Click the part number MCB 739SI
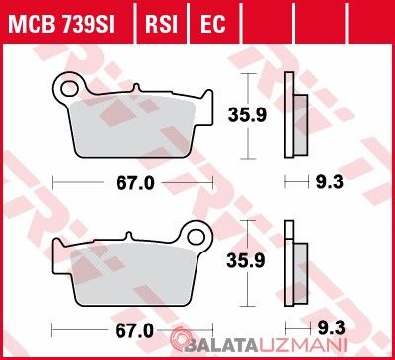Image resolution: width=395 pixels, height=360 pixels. coord(61,24)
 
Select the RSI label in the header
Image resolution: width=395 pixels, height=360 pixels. coord(162,24)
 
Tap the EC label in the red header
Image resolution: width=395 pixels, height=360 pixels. coord(213,24)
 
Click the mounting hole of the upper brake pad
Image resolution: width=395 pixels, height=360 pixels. coord(68,88)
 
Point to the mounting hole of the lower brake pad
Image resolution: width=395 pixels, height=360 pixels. coord(196,237)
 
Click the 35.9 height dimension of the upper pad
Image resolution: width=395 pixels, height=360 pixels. coord(247,115)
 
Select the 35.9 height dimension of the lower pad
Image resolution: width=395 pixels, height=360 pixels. coord(246,261)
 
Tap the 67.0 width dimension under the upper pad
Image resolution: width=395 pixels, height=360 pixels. coord(135,183)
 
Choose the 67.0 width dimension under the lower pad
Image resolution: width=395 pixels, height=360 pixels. coord(134,330)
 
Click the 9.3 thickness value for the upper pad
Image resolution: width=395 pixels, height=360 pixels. coord(330,181)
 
